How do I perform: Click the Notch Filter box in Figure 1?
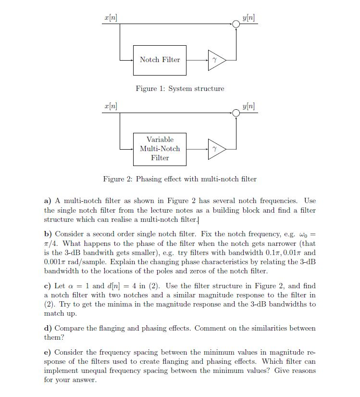[160, 60]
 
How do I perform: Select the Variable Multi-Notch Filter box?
[160, 149]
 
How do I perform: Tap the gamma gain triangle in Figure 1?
[215, 60]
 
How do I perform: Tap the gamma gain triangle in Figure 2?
[215, 149]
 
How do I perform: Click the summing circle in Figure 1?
[236, 24]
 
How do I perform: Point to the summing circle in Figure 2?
[236, 113]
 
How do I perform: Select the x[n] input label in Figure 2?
[111, 106]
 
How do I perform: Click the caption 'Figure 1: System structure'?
[180, 89]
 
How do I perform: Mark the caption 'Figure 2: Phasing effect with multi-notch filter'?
[180, 179]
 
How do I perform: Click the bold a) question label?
[48, 201]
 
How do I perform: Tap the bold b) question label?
[48, 234]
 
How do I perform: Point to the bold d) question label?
[48, 328]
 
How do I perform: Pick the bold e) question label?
[48, 352]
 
